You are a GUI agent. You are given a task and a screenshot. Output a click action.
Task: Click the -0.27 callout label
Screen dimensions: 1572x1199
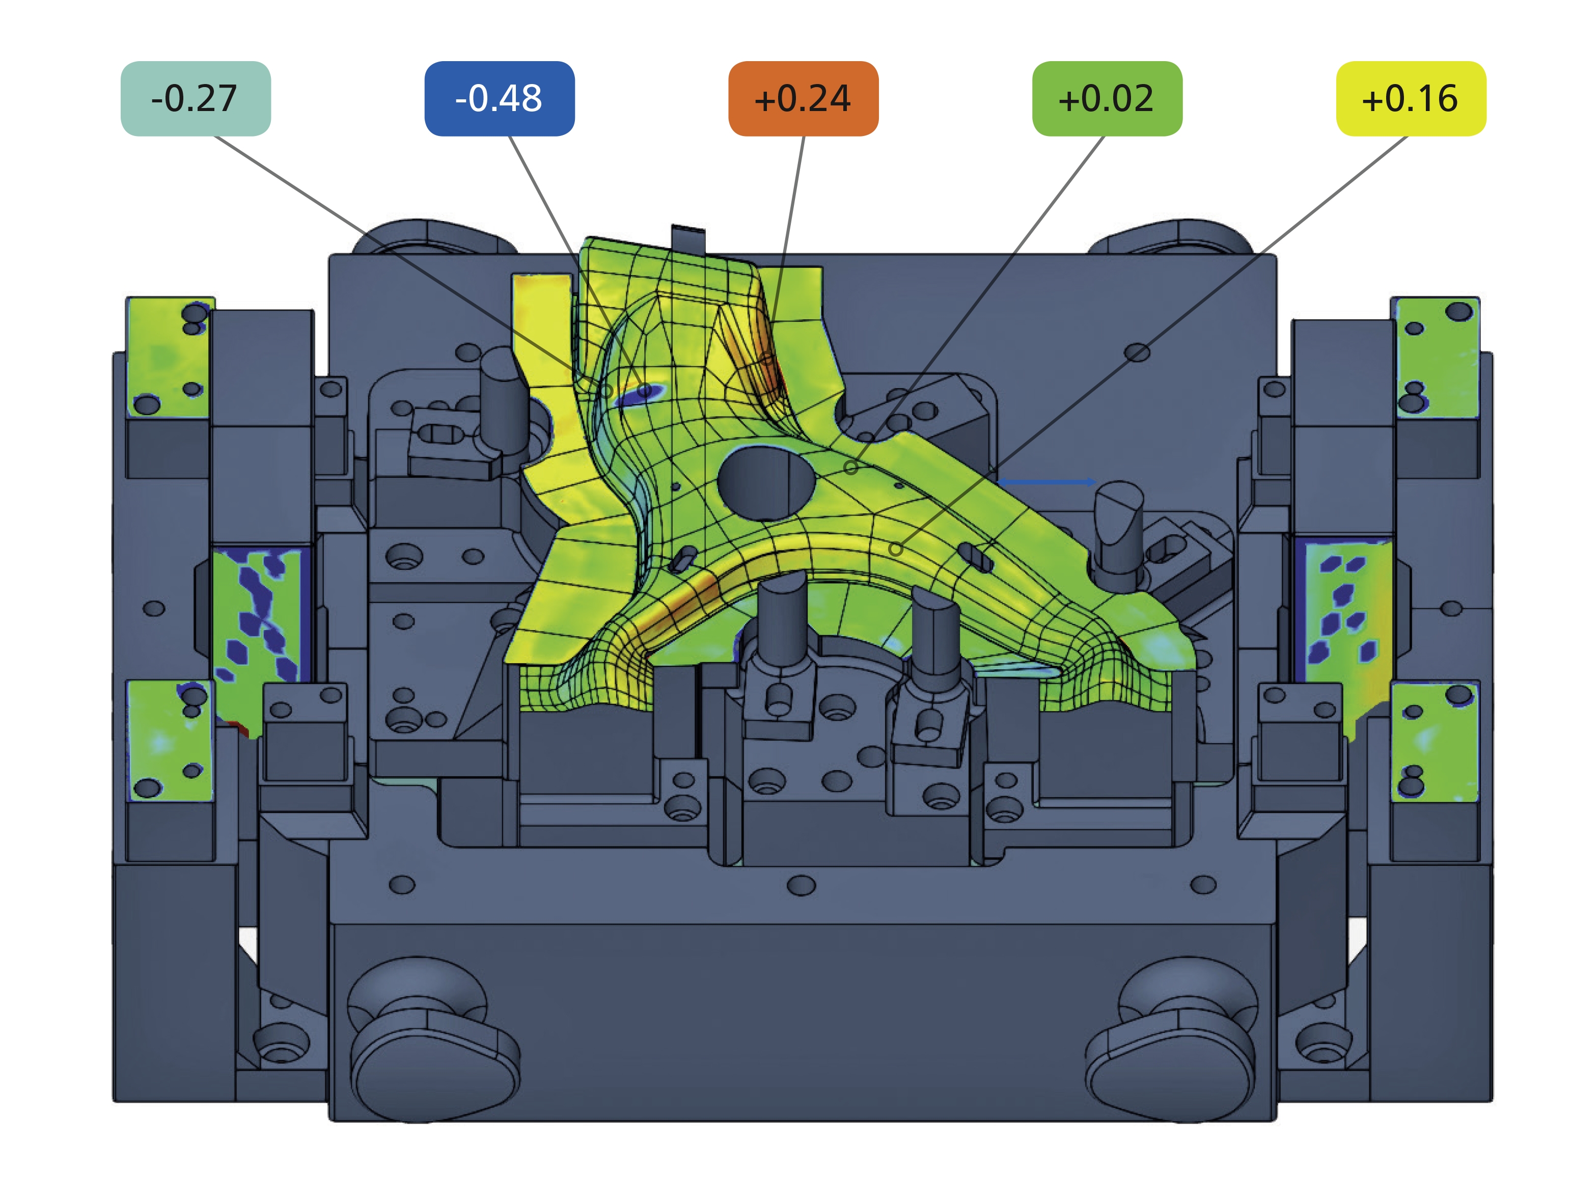196,98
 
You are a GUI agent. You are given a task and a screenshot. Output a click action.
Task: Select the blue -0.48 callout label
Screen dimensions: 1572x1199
500,98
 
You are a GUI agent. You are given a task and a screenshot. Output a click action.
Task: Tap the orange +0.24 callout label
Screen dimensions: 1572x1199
804,98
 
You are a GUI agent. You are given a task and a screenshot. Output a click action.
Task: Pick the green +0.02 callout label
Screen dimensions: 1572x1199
1108,98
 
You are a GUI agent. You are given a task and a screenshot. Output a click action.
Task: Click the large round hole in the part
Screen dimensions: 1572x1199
766,483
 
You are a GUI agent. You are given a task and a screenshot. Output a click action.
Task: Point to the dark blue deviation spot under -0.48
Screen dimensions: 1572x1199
640,393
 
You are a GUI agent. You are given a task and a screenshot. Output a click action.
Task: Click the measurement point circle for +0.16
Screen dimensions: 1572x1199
896,550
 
